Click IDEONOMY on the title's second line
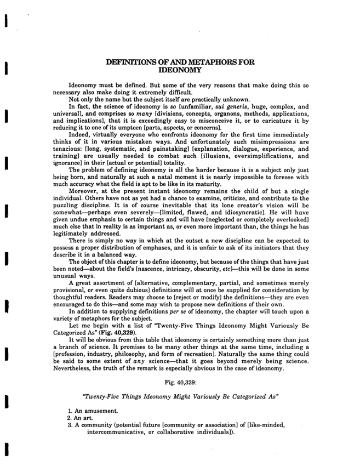click(180, 71)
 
